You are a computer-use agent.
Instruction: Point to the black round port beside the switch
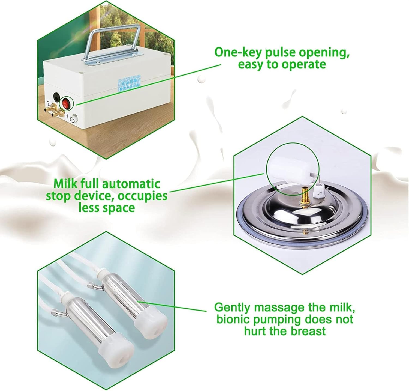(x=56, y=96)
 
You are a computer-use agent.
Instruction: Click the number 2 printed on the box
(x=48, y=104)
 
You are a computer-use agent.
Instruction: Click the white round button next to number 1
(x=74, y=120)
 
